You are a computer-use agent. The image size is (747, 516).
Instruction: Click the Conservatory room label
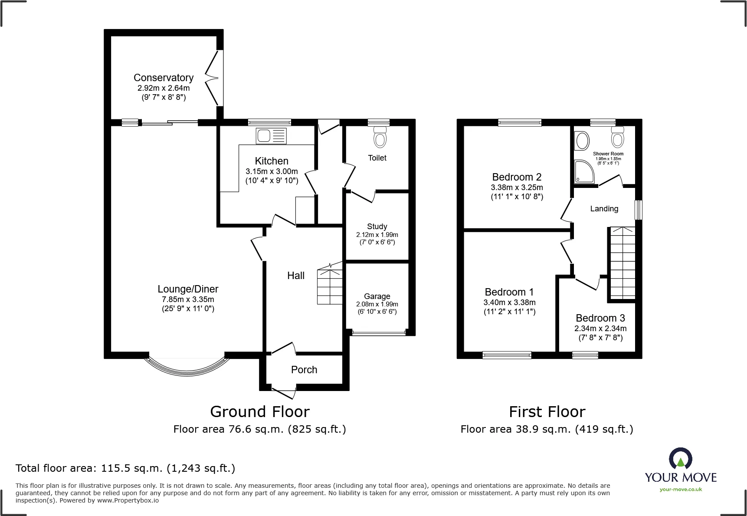(164, 78)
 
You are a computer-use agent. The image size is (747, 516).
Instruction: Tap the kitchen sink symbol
(272, 136)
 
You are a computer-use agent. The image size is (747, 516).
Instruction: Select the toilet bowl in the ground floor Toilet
(380, 137)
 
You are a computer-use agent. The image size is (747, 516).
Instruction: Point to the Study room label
(377, 227)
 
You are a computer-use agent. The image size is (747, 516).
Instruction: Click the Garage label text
(377, 296)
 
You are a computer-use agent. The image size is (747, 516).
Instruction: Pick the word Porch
(304, 370)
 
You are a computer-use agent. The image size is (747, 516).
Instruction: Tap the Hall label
(296, 276)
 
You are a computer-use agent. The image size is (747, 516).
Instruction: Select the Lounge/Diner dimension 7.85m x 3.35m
(188, 299)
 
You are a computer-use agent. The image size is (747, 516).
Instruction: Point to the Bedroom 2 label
(517, 177)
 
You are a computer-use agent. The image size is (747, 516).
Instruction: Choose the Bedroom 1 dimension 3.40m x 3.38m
(510, 302)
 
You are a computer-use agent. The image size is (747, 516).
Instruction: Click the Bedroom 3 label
(600, 318)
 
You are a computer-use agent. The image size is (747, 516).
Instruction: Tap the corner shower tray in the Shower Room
(584, 171)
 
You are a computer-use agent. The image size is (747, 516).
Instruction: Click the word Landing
(604, 209)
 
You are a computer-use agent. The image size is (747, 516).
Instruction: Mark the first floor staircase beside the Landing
(622, 262)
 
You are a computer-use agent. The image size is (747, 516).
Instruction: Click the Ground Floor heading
(260, 411)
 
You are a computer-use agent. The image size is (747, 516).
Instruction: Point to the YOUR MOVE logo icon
(681, 459)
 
